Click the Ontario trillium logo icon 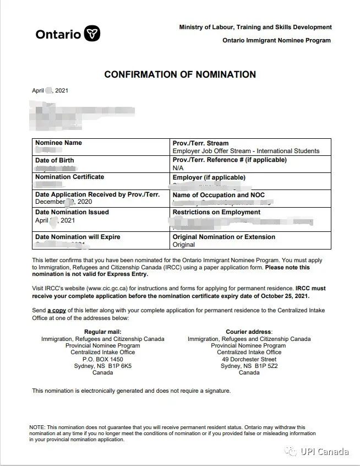(x=92, y=34)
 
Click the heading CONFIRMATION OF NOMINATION (x=180, y=74)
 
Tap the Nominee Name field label (x=58, y=143)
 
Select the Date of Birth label (x=54, y=160)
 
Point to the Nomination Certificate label (x=69, y=177)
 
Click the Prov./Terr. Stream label (x=200, y=143)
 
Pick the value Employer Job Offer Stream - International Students (x=246, y=151)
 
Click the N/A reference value (x=178, y=167)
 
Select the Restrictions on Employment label (x=216, y=212)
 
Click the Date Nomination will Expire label (x=78, y=237)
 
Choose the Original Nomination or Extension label (x=223, y=237)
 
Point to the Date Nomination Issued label (x=72, y=212)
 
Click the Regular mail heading (x=102, y=332)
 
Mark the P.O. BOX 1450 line (x=102, y=359)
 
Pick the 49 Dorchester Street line (x=249, y=359)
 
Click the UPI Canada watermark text (x=324, y=452)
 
